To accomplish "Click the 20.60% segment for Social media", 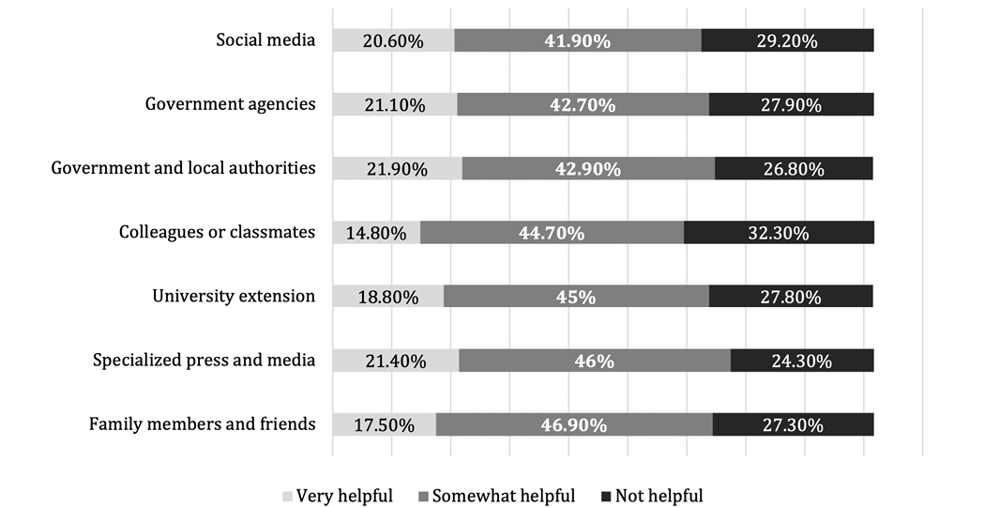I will (393, 40).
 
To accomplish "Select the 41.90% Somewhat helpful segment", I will (578, 40).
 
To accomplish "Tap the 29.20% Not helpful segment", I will (787, 40).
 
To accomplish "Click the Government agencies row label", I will (230, 104).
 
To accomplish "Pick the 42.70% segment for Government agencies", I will (583, 104).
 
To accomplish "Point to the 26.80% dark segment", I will (794, 169).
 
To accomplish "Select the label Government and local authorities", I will (183, 168).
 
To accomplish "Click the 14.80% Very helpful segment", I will (376, 233).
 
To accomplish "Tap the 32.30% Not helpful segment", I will (779, 233).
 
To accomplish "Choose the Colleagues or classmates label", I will (217, 232).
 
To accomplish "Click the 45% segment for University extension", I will (576, 297).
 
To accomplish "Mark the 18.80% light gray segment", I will (387, 297).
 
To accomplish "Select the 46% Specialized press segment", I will (595, 361).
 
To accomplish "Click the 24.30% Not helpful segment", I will (802, 361).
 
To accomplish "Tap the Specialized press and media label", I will (204, 360).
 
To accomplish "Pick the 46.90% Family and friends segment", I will (574, 424).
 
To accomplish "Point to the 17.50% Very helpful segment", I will (384, 424).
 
